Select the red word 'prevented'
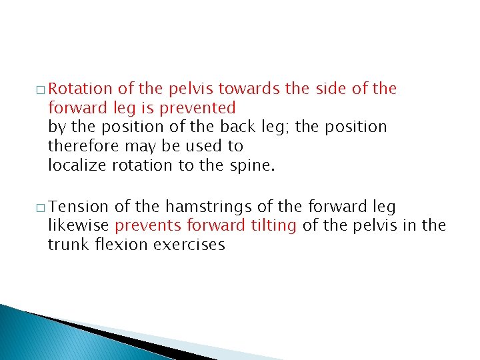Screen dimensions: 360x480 pos(204,107)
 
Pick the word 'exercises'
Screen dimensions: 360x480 pos(189,245)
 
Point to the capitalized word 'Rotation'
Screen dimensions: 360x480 pos(81,89)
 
